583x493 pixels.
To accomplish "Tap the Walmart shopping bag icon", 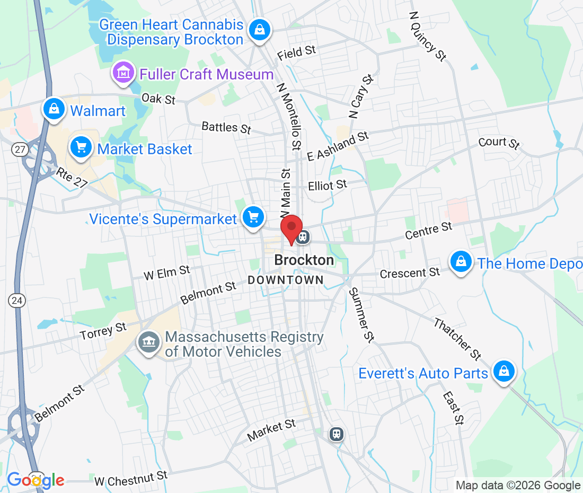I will point(54,109).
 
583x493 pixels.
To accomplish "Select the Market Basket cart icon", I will point(81,147).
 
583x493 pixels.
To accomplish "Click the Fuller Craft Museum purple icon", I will point(123,73).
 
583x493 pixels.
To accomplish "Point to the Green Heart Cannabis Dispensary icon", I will point(259,30).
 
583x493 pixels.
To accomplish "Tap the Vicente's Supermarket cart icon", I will point(253,217).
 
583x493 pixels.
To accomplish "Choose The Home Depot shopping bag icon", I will point(461,262).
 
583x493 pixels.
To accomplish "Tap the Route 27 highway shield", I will point(20,149).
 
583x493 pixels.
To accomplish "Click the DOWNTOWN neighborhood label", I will point(286,280).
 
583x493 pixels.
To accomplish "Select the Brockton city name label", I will point(304,260).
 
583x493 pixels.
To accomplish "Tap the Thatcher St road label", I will point(457,339).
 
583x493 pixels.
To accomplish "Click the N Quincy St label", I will point(428,36).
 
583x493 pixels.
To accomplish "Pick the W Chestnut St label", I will point(131,479).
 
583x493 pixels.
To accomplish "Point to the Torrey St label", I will point(103,332).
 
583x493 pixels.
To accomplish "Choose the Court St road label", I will point(499,143).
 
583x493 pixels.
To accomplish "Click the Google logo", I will point(36,480).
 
